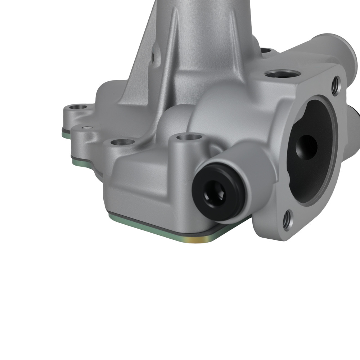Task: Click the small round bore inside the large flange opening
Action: click(x=307, y=146)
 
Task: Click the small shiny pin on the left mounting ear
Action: click(x=85, y=127)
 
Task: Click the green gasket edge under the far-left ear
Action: click(x=67, y=133)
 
